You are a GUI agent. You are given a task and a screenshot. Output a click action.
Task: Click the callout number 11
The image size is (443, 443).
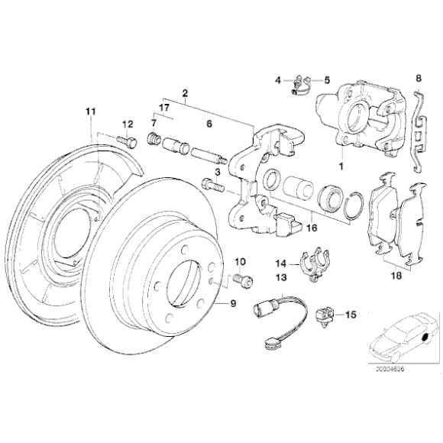point(90,113)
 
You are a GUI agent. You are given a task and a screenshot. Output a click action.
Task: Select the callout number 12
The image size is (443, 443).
point(127,123)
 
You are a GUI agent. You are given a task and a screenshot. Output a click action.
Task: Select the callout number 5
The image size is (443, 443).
point(326,79)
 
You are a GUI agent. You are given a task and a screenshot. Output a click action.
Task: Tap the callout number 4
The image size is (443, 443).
point(279,79)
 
